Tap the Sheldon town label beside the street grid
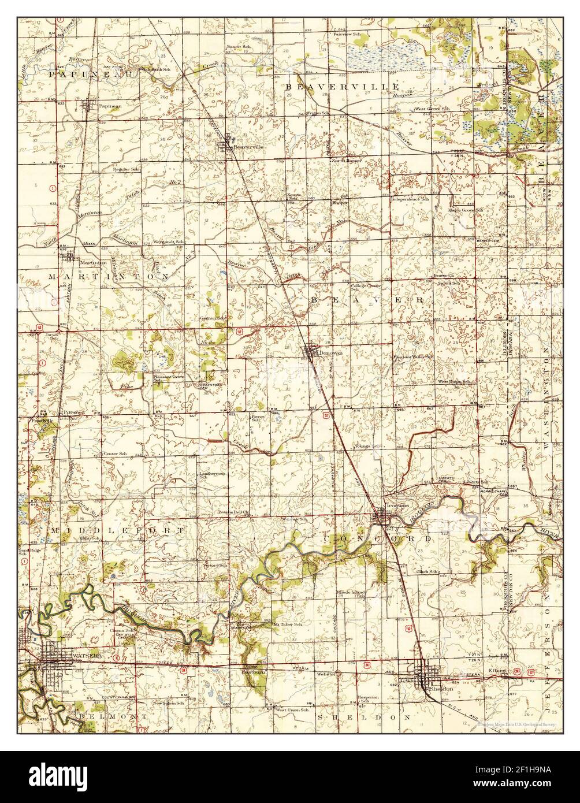[440, 689]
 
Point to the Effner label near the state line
[497, 670]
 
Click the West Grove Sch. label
[430, 109]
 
